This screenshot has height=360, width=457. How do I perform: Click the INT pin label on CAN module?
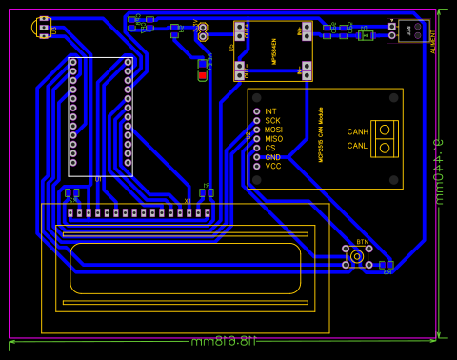coord(270,111)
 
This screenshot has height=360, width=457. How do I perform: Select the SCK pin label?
coord(272,121)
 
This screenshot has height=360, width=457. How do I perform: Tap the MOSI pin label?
coord(273,130)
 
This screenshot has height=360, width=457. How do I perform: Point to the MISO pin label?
coord(273,139)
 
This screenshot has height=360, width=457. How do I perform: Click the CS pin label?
coord(270,148)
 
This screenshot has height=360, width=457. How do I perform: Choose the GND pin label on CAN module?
coord(272,157)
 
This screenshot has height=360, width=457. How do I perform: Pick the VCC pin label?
coord(272,166)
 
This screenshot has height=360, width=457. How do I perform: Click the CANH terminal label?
coord(357,131)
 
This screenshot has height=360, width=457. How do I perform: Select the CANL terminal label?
coord(357,146)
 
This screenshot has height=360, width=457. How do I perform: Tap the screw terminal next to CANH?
coord(385,130)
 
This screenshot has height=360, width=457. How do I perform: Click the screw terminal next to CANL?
coord(385,146)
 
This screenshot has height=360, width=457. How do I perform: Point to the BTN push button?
coord(357,256)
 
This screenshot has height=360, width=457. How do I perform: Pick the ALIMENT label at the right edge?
coord(434,42)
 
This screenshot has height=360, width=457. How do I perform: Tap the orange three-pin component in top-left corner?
coord(44,28)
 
